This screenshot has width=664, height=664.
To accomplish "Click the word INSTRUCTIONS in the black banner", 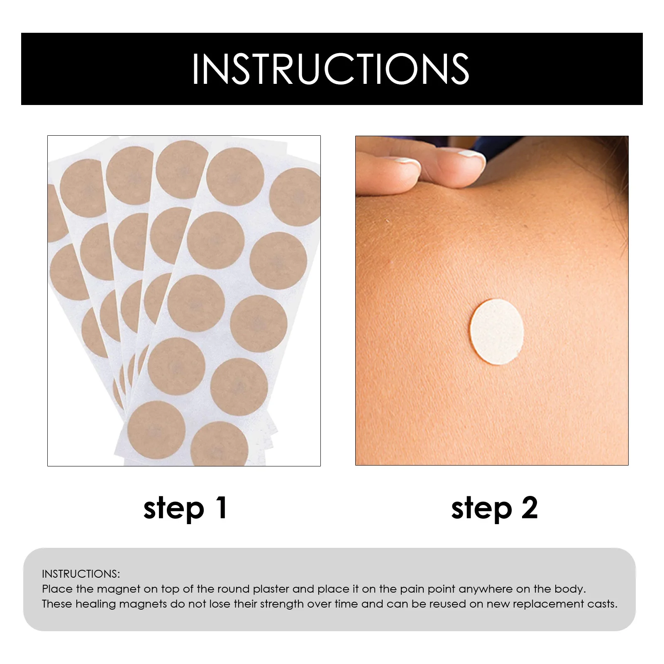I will [330, 69].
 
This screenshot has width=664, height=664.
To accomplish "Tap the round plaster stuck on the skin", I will [496, 332].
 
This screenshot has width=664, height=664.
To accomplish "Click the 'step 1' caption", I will [185, 508].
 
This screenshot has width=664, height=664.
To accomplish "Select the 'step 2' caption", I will [494, 508].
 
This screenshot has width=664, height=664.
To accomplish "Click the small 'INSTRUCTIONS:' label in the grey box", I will [81, 574].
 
